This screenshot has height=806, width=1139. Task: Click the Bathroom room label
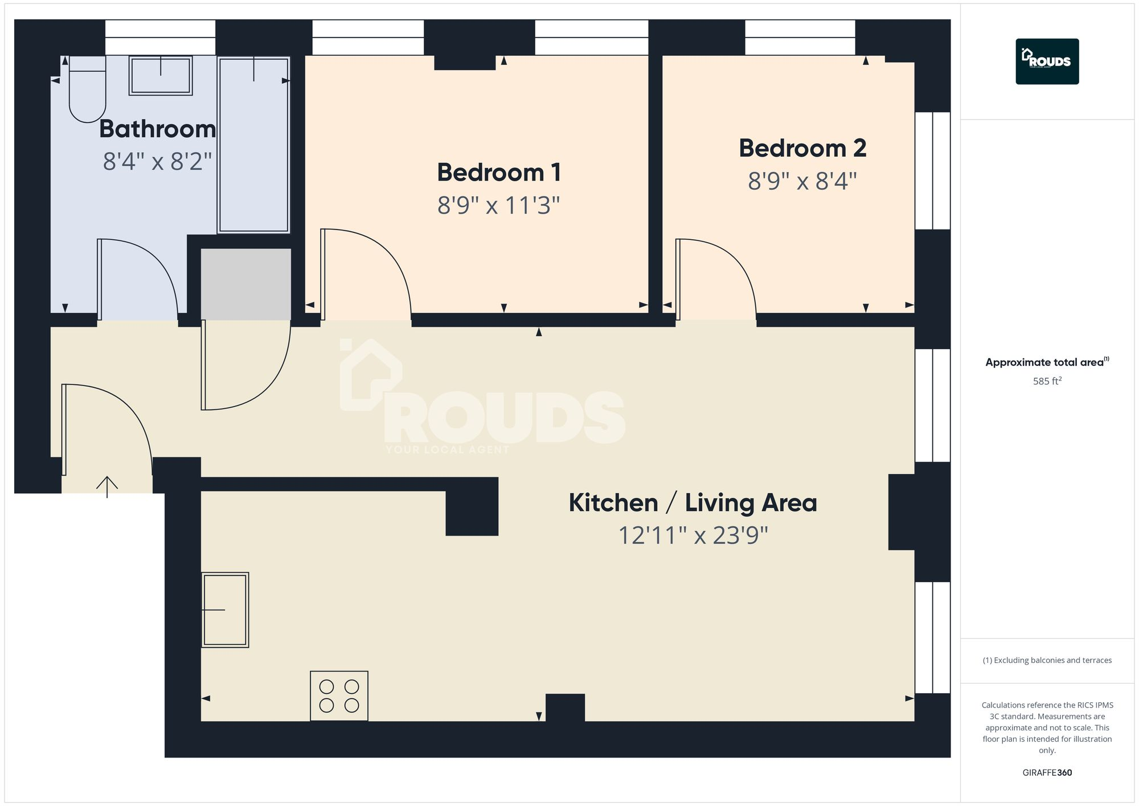coord(157,129)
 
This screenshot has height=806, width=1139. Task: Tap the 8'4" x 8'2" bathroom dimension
coord(157,162)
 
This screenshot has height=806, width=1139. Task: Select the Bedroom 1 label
coord(499,173)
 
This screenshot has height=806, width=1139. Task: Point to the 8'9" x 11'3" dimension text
coord(499,205)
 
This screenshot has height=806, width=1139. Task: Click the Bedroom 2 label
coord(802,149)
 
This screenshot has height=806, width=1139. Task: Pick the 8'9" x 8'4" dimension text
coord(802,182)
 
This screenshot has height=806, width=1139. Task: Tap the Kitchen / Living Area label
coord(693,503)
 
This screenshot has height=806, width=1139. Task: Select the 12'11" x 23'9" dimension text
coord(693,535)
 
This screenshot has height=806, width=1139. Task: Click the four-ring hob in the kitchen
coord(339,695)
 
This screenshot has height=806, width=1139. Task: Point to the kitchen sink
coord(225,609)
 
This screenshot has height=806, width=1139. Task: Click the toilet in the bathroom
coord(87,91)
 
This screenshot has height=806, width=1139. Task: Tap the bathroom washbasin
coord(161,75)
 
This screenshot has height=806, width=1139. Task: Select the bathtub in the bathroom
coord(253,145)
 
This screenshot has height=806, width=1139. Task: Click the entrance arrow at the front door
coord(107,486)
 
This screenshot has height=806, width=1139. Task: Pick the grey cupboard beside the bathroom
coord(245,284)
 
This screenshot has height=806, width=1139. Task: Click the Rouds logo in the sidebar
coord(1047,62)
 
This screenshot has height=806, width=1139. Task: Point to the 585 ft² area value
coord(1047,381)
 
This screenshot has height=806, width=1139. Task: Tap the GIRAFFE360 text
coord(1047,772)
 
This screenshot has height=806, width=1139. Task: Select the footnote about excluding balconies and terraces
coord(1047,660)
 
